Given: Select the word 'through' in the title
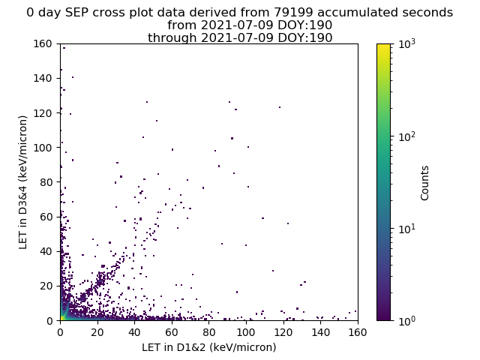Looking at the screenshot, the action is click(x=172, y=38).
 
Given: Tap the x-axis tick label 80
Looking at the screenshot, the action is click(x=208, y=332).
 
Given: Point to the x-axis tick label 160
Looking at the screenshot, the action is click(x=358, y=332).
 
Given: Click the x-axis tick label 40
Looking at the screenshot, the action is click(x=134, y=332).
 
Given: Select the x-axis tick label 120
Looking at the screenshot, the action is click(x=283, y=332).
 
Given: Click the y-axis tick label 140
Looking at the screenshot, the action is click(x=43, y=78).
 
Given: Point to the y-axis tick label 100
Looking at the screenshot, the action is click(x=43, y=148).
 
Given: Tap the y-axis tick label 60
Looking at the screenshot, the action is click(x=46, y=217).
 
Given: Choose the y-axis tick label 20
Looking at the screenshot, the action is click(x=46, y=286).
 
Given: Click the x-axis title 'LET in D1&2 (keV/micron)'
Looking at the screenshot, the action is click(x=209, y=347).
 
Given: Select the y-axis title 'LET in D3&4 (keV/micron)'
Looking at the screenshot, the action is click(x=23, y=182).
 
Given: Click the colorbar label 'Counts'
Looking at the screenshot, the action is click(x=424, y=183).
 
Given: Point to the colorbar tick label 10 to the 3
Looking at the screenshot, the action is click(x=407, y=43).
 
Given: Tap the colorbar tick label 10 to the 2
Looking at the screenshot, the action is click(x=407, y=136).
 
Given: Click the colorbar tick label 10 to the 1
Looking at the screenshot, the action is click(x=407, y=228).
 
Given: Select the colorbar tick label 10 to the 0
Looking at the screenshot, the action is click(x=407, y=320).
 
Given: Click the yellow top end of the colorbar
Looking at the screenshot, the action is click(x=383, y=46).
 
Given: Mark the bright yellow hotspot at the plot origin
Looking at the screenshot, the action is click(x=61, y=319).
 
